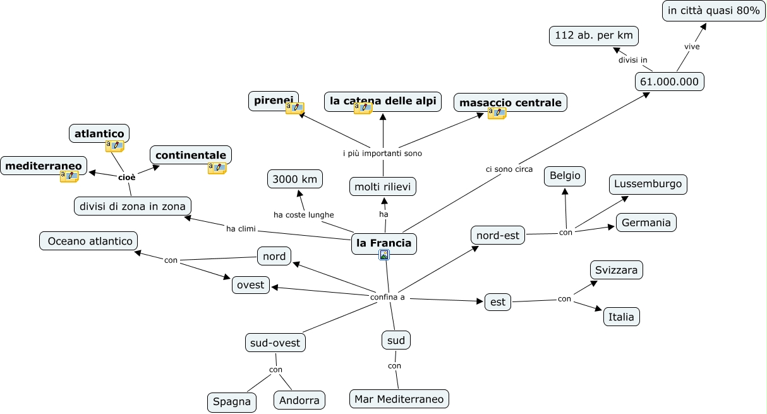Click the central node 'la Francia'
point(384,243)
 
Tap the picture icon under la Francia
point(384,255)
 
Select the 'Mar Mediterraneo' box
point(399,399)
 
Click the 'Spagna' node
point(231,401)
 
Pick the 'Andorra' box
point(299,400)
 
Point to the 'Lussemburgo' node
point(648,184)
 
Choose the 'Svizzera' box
point(617,270)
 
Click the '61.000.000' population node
point(670,82)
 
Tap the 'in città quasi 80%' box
point(713,11)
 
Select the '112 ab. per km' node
point(594,35)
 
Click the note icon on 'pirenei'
point(294,108)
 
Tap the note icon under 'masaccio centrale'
point(497,113)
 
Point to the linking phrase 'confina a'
point(387,297)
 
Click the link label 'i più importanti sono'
point(382,154)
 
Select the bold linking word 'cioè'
point(127,178)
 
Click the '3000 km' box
point(295,179)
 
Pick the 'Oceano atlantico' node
point(88,241)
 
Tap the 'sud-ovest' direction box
point(275,343)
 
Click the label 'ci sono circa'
point(509,169)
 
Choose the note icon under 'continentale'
point(217,168)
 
